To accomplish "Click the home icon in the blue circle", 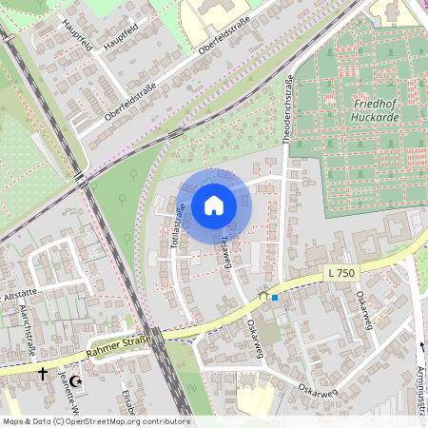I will point(214,204).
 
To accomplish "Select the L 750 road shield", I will point(340,273).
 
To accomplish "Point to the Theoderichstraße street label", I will point(287,112).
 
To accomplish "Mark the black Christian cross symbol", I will point(42,375).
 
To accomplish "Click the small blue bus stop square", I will point(275,297).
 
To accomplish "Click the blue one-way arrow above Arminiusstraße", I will point(421,346).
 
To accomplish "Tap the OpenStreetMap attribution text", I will point(95,421).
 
